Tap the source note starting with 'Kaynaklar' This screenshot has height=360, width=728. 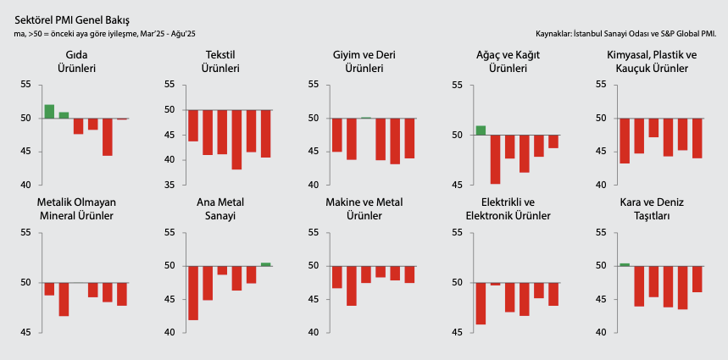pyautogui.click(x=626, y=34)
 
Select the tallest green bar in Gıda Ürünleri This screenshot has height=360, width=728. pyautogui.click(x=49, y=111)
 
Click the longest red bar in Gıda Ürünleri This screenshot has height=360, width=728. pyautogui.click(x=108, y=136)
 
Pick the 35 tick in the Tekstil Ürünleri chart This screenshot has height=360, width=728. pyautogui.click(x=169, y=185)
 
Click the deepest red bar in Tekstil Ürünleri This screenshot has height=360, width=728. pyautogui.click(x=236, y=140)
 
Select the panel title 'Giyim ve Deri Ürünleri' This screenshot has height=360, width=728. pyautogui.click(x=364, y=61)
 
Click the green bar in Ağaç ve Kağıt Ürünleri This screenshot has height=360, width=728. pyautogui.click(x=481, y=130)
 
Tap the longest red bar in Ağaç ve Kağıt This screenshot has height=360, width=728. pyautogui.click(x=495, y=159)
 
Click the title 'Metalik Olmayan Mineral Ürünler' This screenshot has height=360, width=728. pyautogui.click(x=76, y=208)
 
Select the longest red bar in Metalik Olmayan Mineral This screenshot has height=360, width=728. pyautogui.click(x=64, y=299)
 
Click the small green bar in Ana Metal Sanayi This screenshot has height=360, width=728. pyautogui.click(x=265, y=264)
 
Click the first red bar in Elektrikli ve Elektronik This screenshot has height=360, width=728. pyautogui.click(x=481, y=303)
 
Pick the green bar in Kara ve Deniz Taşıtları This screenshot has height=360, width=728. pyautogui.click(x=625, y=264)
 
